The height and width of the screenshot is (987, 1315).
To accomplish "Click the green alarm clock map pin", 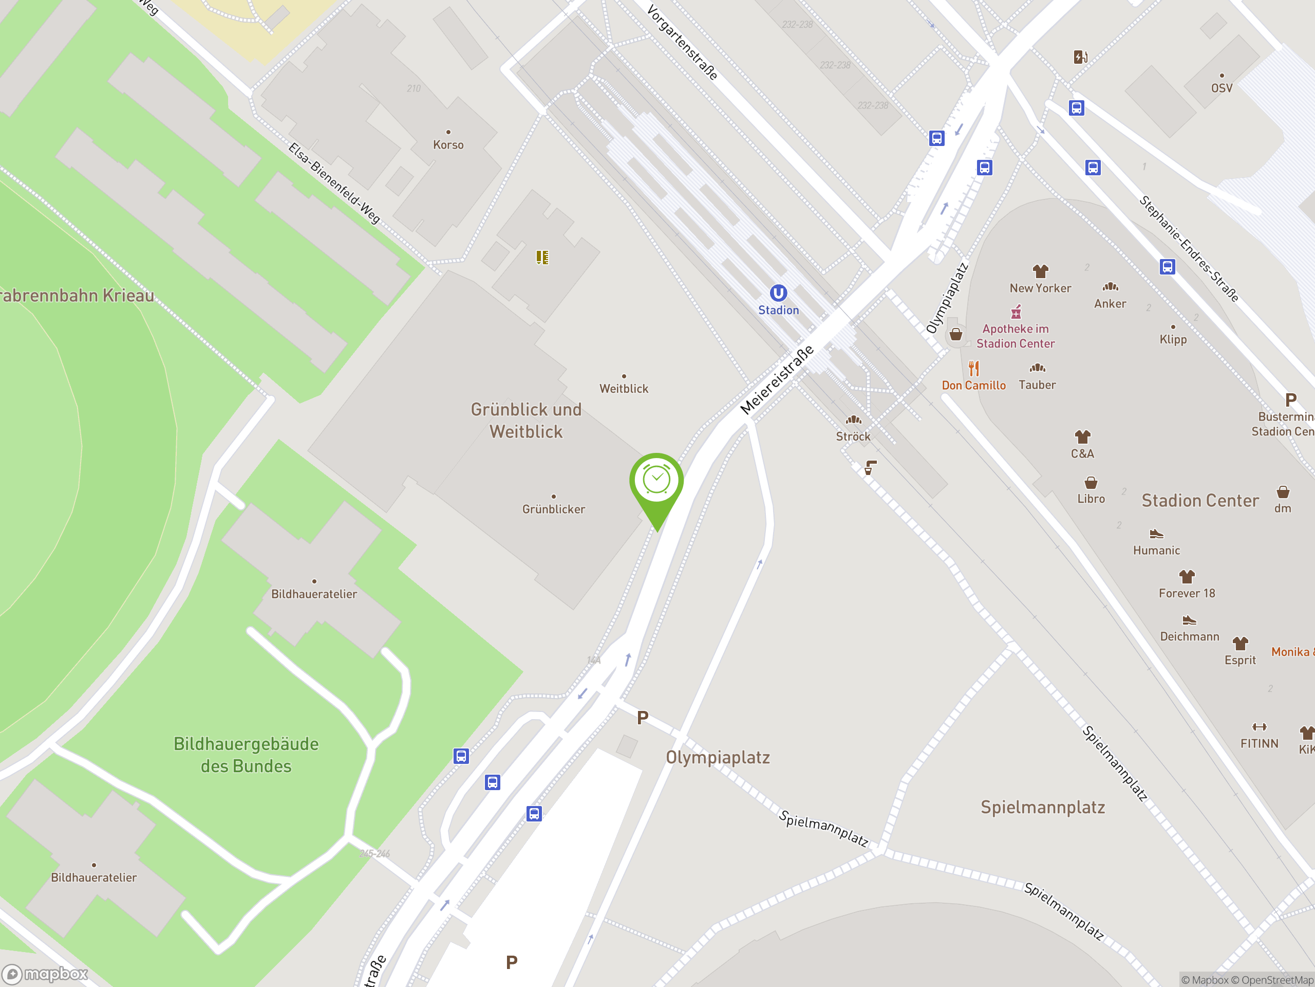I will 656,482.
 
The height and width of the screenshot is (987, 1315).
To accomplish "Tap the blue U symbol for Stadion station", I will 778,293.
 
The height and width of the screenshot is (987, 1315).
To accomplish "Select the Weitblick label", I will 624,389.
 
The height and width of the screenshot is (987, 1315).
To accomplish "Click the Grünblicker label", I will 553,509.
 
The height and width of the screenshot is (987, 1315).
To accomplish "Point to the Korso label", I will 448,144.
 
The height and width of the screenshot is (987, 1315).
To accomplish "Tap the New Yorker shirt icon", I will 1040,272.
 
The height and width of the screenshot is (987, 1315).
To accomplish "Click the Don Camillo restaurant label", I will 974,386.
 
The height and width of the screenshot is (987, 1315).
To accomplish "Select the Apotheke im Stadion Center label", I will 1016,336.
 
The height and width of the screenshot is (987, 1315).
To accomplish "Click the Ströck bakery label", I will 853,436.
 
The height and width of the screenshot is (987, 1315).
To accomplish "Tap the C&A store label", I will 1082,454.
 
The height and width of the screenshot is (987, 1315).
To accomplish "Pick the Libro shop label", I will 1091,499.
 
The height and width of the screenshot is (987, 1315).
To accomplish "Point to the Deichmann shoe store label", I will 1190,636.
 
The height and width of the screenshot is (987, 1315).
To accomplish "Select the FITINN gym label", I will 1259,744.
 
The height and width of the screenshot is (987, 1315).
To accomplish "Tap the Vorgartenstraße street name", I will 683,42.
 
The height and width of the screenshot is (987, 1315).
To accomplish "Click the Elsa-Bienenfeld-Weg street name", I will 334,182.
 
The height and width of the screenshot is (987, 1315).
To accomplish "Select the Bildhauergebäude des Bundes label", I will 246,755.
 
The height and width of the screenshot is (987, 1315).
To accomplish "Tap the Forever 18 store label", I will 1187,593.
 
